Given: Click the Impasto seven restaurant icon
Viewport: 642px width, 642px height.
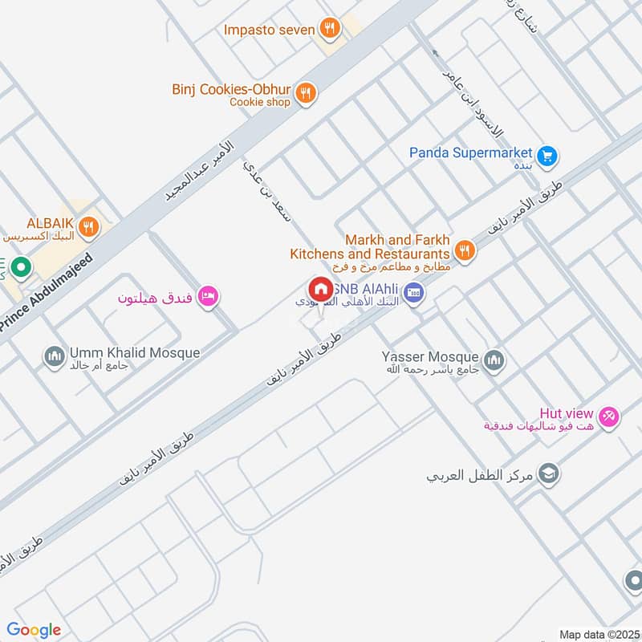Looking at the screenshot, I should [x=327, y=30].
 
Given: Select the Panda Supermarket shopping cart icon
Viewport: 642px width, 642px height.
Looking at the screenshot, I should [x=548, y=155].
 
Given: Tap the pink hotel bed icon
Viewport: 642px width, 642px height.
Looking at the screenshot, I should [x=209, y=297].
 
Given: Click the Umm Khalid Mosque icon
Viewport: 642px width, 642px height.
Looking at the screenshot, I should [x=55, y=355].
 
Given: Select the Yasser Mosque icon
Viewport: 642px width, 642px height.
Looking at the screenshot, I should [x=494, y=359].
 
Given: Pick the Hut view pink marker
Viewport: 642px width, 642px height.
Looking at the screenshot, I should [x=610, y=416].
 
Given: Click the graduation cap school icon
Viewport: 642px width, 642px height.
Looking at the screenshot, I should [x=550, y=473].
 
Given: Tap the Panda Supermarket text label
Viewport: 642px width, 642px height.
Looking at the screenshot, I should [x=470, y=152].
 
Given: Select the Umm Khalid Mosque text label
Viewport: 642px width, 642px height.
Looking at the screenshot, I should [x=134, y=352].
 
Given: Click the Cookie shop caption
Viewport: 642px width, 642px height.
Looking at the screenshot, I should [x=259, y=103].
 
